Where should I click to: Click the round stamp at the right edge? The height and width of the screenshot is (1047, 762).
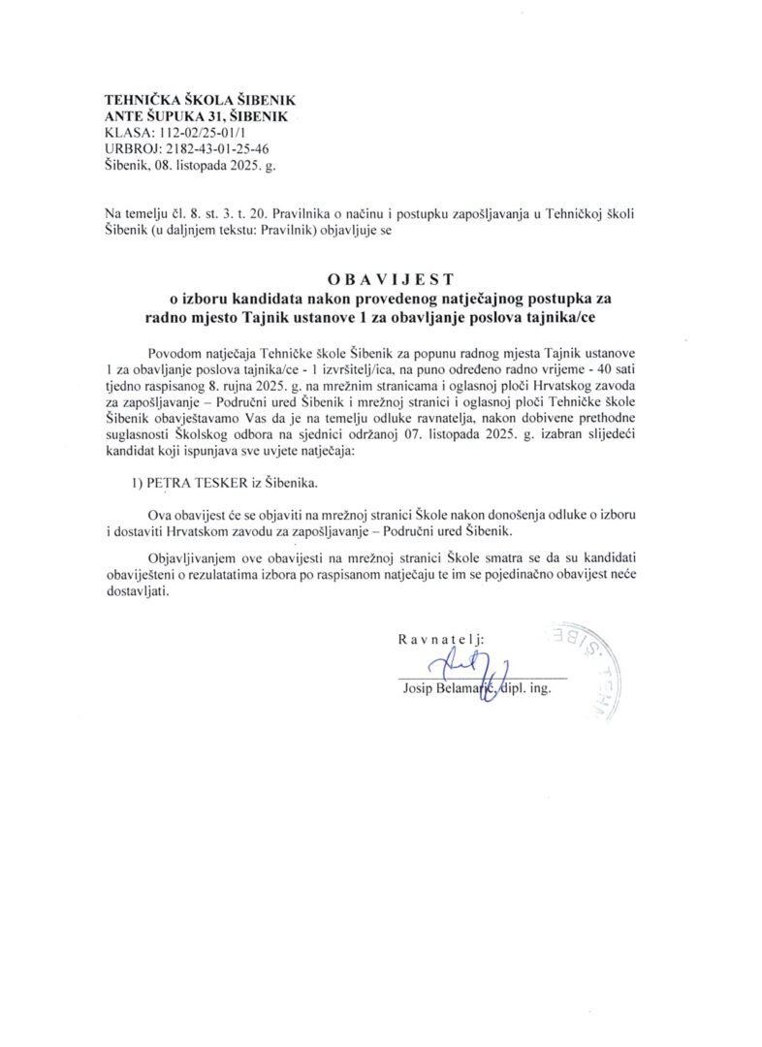[587, 669]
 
